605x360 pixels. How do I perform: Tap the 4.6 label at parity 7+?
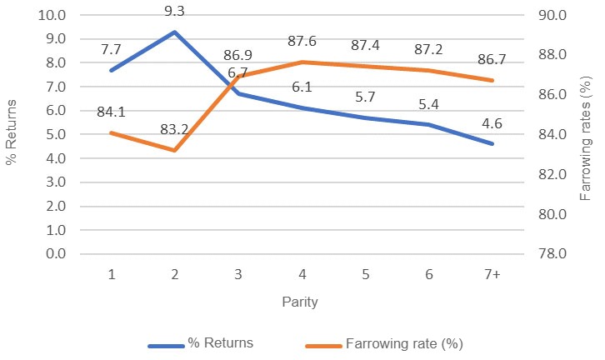pyautogui.click(x=492, y=125)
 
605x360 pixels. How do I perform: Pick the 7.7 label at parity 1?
pyautogui.click(x=111, y=50)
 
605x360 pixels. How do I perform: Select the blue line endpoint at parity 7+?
pyautogui.click(x=492, y=144)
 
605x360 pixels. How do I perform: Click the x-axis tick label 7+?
pyautogui.click(x=492, y=274)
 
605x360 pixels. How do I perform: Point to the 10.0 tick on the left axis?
pyautogui.click(x=52, y=14)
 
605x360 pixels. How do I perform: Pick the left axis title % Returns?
pyautogui.click(x=12, y=133)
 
